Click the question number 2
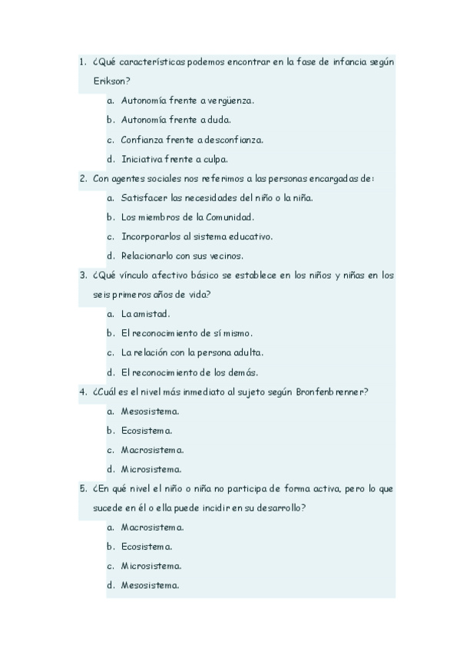tap(82, 179)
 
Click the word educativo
tap(247, 236)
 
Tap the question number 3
tap(82, 276)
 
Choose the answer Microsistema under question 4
tap(151, 469)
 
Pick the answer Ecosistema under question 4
tap(146, 431)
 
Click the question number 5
tap(82, 488)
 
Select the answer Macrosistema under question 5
tap(152, 527)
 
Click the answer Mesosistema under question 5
tap(150, 586)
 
